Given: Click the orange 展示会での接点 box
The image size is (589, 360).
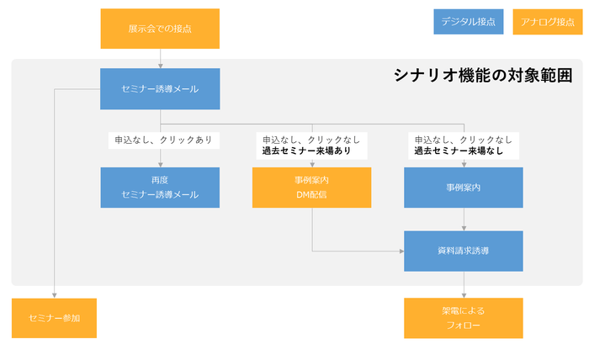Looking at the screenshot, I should click(160, 29).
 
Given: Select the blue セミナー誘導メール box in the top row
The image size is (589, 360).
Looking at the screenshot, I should click(160, 88).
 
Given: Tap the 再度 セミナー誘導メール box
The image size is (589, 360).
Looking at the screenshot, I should click(160, 187).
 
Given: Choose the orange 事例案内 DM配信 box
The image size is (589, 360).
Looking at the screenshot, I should click(311, 187).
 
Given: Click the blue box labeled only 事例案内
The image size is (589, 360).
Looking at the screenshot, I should click(464, 187).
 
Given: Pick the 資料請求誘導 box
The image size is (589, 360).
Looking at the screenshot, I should click(464, 251).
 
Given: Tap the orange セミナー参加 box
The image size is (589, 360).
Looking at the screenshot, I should click(54, 318).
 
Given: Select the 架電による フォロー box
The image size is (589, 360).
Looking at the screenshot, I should click(464, 318).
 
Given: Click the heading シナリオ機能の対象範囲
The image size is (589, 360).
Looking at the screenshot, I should click(483, 75).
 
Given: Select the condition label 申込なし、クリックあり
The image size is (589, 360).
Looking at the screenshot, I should click(163, 140).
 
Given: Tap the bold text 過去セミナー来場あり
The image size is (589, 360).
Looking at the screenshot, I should click(306, 151).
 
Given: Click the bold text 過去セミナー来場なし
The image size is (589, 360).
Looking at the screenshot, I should click(458, 151).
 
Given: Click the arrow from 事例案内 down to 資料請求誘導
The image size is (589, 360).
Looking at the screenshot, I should click(464, 219).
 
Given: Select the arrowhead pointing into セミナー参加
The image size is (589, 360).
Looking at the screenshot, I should click(54, 294).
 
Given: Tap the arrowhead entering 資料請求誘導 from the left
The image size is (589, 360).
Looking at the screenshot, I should click(401, 251).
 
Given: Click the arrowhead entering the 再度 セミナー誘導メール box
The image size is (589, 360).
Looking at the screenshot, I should click(160, 164).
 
